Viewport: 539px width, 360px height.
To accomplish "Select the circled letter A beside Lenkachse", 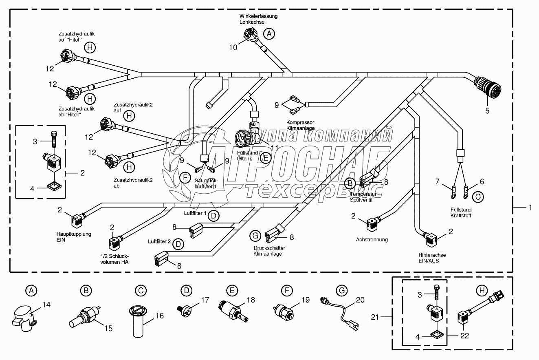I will pyautogui.click(x=268, y=34).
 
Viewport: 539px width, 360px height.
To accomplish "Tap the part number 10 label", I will pyautogui.click(x=233, y=47).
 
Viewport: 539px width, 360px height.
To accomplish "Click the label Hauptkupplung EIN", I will pyautogui.click(x=74, y=237).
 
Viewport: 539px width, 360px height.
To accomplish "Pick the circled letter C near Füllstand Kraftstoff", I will pyautogui.click(x=478, y=197).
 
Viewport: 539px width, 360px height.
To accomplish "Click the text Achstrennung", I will pyautogui.click(x=372, y=240).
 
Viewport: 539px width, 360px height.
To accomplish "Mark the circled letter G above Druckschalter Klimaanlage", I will pyautogui.click(x=255, y=235).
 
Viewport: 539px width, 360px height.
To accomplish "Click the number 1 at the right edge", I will pyautogui.click(x=530, y=208).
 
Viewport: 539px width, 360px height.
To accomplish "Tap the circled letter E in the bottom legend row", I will pyautogui.click(x=232, y=291).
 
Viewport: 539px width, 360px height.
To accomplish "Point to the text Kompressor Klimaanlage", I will pyautogui.click(x=300, y=126).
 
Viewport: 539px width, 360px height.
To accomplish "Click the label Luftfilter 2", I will pyautogui.click(x=159, y=242).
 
